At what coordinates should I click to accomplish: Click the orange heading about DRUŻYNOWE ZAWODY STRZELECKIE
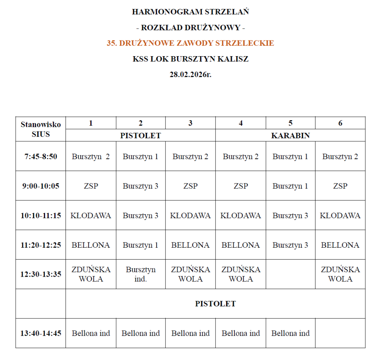pyautogui.click(x=190, y=43)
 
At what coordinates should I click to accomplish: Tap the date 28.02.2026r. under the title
pyautogui.click(x=190, y=74)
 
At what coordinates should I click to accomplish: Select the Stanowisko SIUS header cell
pyautogui.click(x=41, y=129)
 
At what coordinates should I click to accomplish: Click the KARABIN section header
pyautogui.click(x=290, y=135)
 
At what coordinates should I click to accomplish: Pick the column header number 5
pyautogui.click(x=290, y=123)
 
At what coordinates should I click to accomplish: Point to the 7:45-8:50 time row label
pyautogui.click(x=41, y=157)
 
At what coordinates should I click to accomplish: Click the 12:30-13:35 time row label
pyautogui.click(x=41, y=274)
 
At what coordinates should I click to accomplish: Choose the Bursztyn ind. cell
pyautogui.click(x=141, y=274)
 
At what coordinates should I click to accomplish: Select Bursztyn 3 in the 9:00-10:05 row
pyautogui.click(x=141, y=186)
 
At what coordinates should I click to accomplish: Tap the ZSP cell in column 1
pyautogui.click(x=91, y=186)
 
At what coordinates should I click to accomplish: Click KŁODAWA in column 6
pyautogui.click(x=340, y=216)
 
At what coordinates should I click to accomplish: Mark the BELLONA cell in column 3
pyautogui.click(x=190, y=245)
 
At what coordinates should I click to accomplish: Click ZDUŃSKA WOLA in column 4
pyautogui.click(x=240, y=274)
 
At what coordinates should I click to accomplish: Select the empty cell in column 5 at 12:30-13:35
pyautogui.click(x=290, y=274)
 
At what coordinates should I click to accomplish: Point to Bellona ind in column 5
pyautogui.click(x=290, y=333)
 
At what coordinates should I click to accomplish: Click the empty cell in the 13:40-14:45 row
pyautogui.click(x=340, y=333)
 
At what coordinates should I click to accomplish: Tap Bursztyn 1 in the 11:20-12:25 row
pyautogui.click(x=141, y=245)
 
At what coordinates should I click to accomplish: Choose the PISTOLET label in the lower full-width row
pyautogui.click(x=215, y=304)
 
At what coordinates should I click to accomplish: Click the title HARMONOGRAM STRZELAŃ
pyautogui.click(x=190, y=12)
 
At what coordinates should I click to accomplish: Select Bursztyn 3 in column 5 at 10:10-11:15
pyautogui.click(x=290, y=216)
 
